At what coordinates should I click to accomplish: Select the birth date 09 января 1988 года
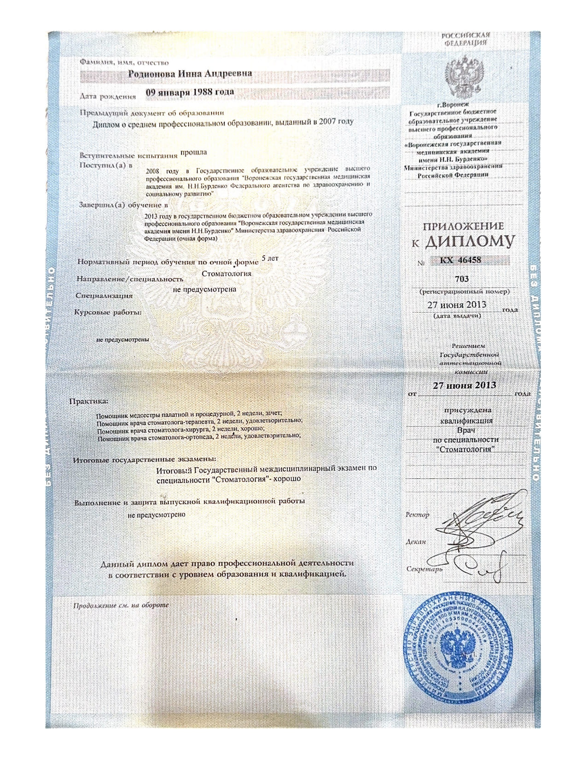click(190, 92)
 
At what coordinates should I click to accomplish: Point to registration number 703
click(461, 279)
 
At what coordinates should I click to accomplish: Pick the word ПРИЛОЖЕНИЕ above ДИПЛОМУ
click(463, 226)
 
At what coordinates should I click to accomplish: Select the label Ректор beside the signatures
click(417, 514)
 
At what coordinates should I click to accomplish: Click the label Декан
click(416, 541)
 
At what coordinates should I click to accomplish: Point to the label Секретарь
click(424, 569)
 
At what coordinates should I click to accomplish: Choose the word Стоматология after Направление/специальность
click(227, 273)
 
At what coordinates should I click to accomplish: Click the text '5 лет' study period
click(269, 259)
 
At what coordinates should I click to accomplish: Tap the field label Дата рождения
click(108, 97)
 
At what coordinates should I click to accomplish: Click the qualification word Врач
click(465, 430)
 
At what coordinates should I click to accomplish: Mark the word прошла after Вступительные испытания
click(193, 152)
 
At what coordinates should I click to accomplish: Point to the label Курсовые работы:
click(108, 312)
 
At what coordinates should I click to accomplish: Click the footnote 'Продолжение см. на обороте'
click(121, 605)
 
